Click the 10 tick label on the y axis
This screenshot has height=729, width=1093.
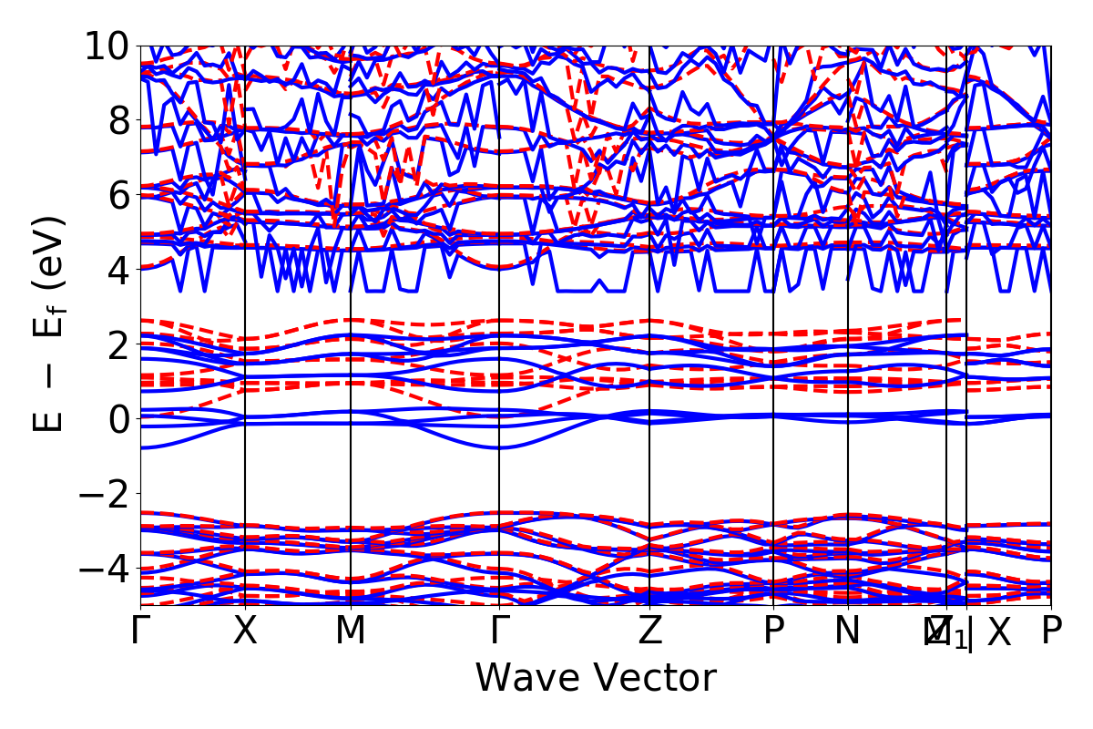point(108,46)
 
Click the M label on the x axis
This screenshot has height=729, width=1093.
point(351,631)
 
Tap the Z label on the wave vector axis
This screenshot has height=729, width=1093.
point(649,631)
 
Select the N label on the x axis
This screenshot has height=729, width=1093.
point(848,631)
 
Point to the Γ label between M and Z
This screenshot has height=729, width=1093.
point(499,631)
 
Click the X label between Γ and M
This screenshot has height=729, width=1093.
point(245,631)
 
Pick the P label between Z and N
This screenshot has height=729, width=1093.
point(773,631)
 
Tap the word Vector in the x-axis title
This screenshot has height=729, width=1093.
point(654,679)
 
